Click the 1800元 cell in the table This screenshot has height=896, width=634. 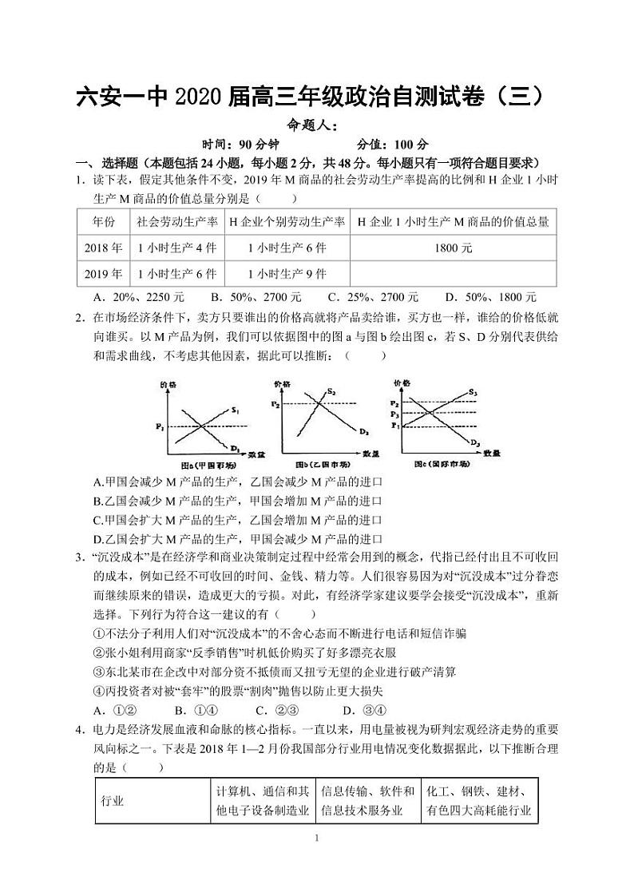(453, 248)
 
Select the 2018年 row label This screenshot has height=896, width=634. (103, 248)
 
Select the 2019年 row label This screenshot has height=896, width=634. (103, 274)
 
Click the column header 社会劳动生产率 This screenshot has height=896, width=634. (177, 221)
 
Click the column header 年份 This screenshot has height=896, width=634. (103, 221)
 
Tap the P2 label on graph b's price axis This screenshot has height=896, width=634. (275, 405)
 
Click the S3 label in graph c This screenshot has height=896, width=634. (474, 392)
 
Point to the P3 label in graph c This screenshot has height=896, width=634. (394, 415)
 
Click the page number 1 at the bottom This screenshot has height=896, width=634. (317, 838)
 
